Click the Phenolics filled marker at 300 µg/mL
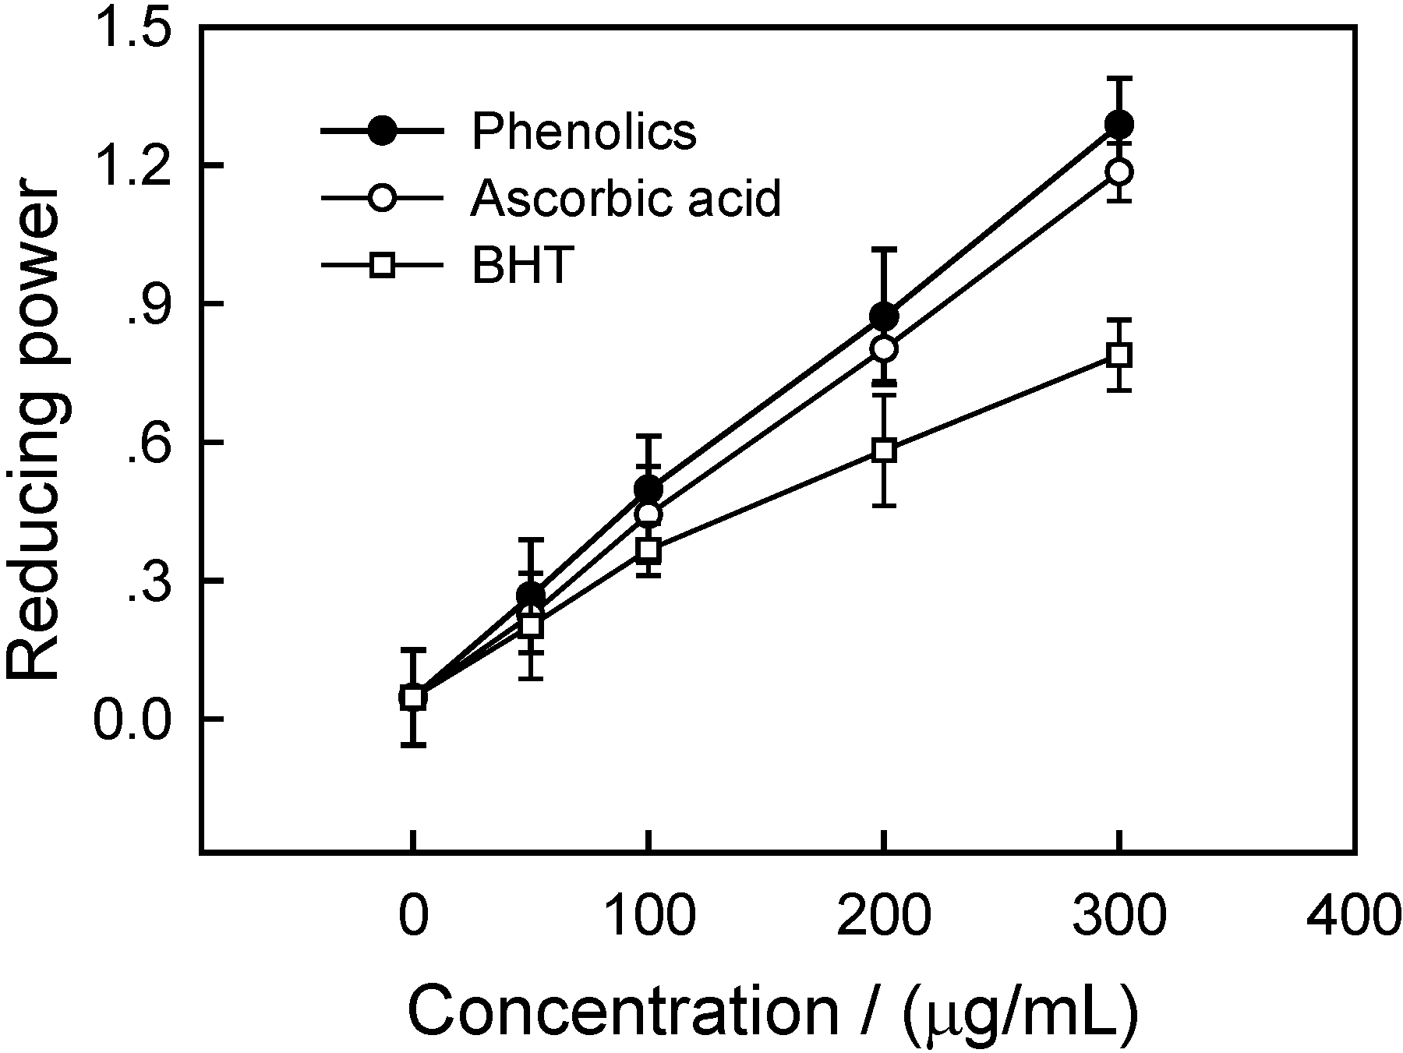point(1119,125)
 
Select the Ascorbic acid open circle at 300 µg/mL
point(1119,172)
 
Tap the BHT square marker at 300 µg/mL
point(1119,355)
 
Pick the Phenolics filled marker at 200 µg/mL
point(884,316)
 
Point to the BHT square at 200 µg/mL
point(884,451)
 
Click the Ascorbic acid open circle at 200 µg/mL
point(884,348)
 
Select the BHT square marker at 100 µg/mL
point(648,550)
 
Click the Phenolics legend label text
point(584,131)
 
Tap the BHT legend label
point(522,266)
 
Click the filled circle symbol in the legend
point(382,131)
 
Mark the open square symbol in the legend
point(382,266)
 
